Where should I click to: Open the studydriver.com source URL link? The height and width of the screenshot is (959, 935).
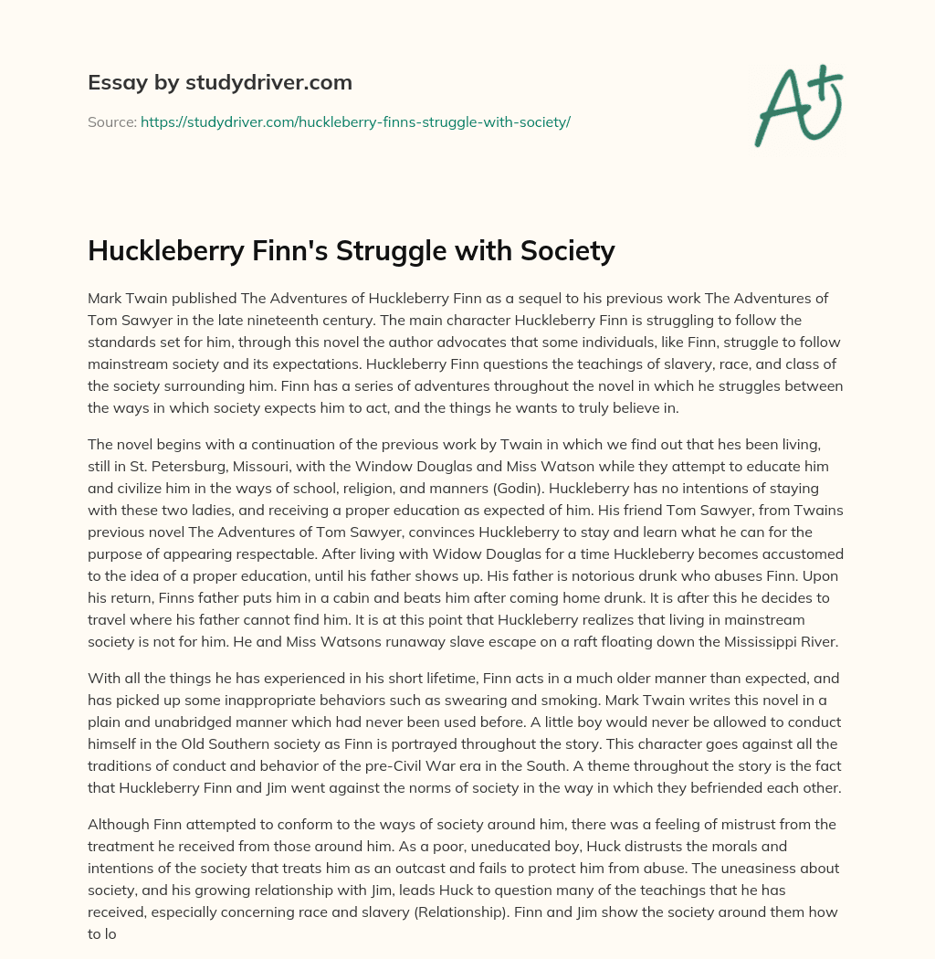coord(355,121)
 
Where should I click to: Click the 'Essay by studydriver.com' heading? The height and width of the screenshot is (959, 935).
coord(220,82)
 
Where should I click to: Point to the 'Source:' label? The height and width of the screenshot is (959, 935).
coord(111,121)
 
